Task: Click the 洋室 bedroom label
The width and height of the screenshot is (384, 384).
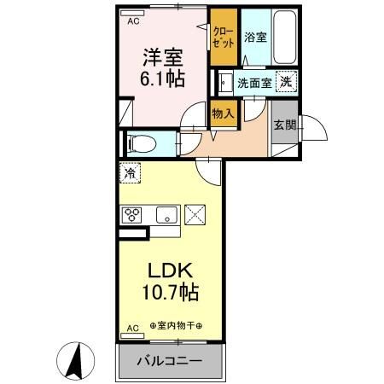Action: click(x=162, y=58)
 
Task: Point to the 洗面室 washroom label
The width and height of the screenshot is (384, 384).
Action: click(x=254, y=84)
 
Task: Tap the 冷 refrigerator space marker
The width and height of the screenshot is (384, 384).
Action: click(x=129, y=173)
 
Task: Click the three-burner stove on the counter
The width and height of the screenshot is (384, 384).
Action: click(x=134, y=214)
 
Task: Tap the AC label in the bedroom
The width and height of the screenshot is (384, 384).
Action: click(x=133, y=23)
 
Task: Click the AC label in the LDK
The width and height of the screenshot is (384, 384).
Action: click(x=132, y=327)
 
